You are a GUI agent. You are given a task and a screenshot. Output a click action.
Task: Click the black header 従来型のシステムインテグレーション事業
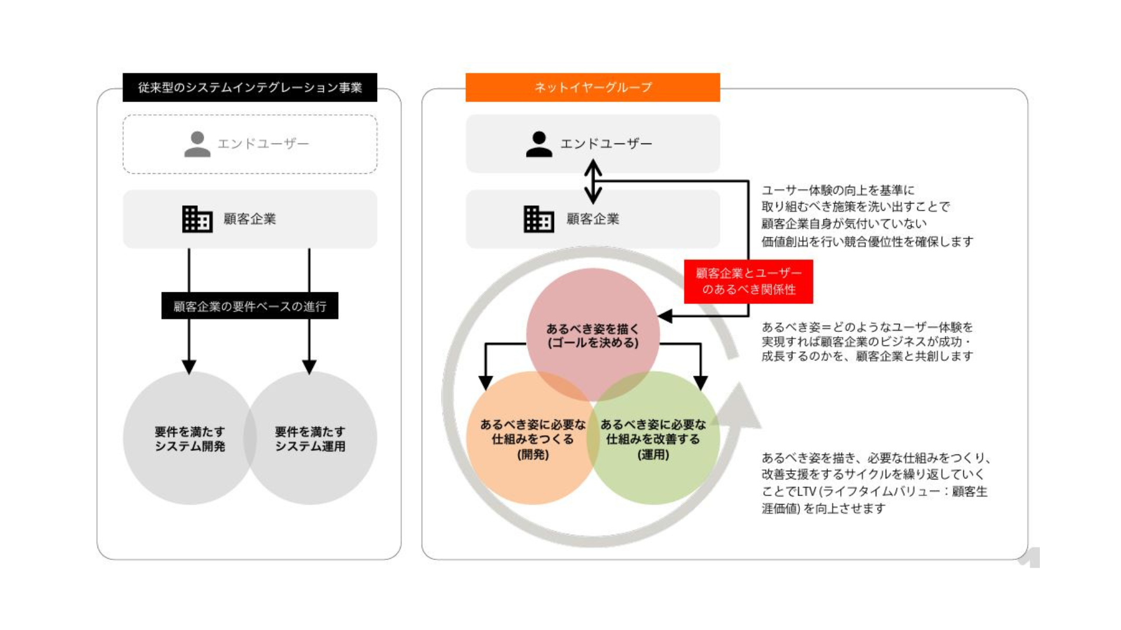pyautogui.click(x=250, y=87)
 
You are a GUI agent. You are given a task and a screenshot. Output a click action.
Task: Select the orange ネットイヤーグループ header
pyautogui.click(x=593, y=87)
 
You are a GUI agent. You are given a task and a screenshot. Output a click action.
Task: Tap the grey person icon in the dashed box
pyautogui.click(x=197, y=144)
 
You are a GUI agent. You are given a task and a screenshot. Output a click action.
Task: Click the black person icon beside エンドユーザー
pyautogui.click(x=539, y=144)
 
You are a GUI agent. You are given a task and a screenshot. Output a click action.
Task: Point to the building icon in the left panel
pyautogui.click(x=197, y=219)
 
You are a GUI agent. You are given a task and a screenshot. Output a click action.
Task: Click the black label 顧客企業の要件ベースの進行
pyautogui.click(x=250, y=306)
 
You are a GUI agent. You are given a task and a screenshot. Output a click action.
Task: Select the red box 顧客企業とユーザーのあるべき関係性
pyautogui.click(x=749, y=281)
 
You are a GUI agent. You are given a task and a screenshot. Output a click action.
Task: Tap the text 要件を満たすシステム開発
pyautogui.click(x=190, y=439)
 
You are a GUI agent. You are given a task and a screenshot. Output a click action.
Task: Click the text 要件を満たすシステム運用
pyautogui.click(x=310, y=439)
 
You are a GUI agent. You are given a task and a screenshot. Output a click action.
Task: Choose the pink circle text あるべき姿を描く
pyautogui.click(x=593, y=335)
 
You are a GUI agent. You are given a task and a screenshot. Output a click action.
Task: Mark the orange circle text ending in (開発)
pyautogui.click(x=532, y=439)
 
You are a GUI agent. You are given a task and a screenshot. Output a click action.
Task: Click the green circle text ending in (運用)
pyautogui.click(x=653, y=439)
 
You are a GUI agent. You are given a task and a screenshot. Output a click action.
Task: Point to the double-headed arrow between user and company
pyautogui.click(x=593, y=181)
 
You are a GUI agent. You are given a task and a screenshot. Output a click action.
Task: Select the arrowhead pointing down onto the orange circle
pyautogui.click(x=486, y=383)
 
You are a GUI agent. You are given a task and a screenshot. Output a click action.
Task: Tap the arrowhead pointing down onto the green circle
pyautogui.click(x=701, y=383)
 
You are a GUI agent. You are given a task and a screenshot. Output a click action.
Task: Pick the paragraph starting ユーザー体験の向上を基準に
pyautogui.click(x=867, y=216)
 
